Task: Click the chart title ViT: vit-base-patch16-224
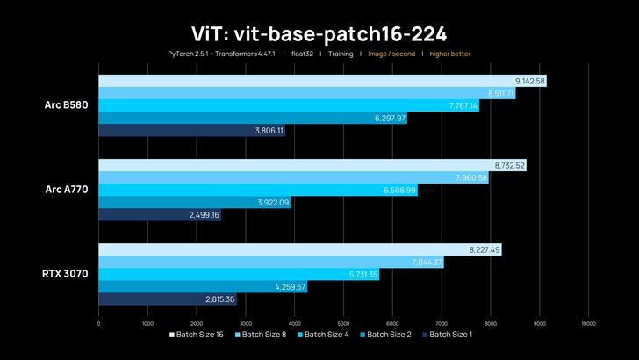point(319,33)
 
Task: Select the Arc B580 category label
point(67,105)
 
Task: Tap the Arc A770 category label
point(67,190)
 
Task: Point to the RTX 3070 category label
point(65,274)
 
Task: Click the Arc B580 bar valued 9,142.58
point(322,81)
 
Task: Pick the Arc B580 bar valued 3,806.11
point(191,131)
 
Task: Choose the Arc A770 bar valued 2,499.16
point(159,214)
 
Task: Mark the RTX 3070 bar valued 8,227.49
point(299,249)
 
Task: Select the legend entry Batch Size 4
point(327,335)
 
